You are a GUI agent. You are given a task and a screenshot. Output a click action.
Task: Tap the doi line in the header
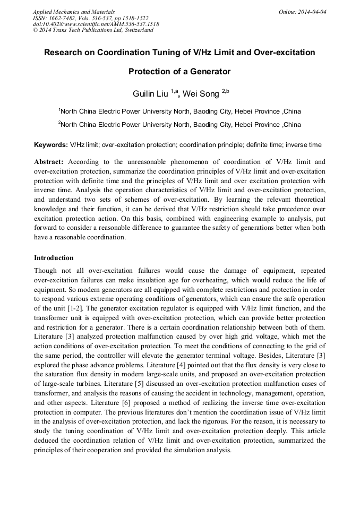(x=96, y=24)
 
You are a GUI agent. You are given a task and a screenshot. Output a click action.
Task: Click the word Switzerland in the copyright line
(x=138, y=30)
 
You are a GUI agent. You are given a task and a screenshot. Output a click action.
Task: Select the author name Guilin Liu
(x=150, y=94)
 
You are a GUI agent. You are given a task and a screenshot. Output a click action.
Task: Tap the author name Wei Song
(x=201, y=94)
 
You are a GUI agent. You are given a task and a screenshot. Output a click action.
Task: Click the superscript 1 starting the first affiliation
(x=59, y=109)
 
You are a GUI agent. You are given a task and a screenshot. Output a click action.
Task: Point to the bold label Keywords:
(x=51, y=144)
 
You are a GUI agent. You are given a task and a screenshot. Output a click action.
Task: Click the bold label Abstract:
(x=49, y=161)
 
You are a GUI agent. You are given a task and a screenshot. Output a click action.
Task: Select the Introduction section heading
(x=54, y=258)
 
